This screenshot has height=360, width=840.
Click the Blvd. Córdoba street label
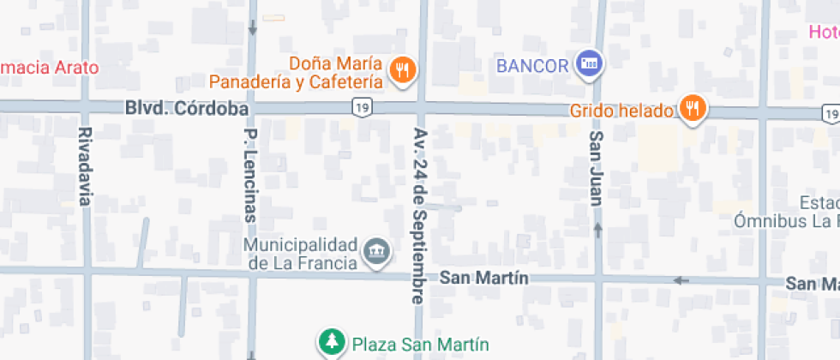pyautogui.click(x=187, y=110)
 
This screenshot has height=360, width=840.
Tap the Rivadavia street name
pyautogui.click(x=84, y=167)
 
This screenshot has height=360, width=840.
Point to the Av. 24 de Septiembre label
pyautogui.click(x=418, y=217)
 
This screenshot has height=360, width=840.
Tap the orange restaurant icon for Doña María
pyautogui.click(x=401, y=70)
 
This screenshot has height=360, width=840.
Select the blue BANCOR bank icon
pyautogui.click(x=589, y=63)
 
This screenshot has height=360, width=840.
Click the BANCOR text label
pyautogui.click(x=532, y=66)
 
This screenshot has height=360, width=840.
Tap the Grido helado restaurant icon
pyautogui.click(x=693, y=109)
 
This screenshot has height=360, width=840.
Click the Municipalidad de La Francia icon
pyautogui.click(x=377, y=252)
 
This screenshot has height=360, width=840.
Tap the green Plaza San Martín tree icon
pyautogui.click(x=330, y=344)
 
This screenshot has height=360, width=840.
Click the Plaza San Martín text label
pyautogui.click(x=409, y=345)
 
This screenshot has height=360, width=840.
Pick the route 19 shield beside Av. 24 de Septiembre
pyautogui.click(x=362, y=105)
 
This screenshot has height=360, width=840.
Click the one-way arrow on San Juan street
pyautogui.click(x=598, y=230)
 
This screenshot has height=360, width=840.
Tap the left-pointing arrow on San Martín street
pyautogui.click(x=681, y=280)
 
